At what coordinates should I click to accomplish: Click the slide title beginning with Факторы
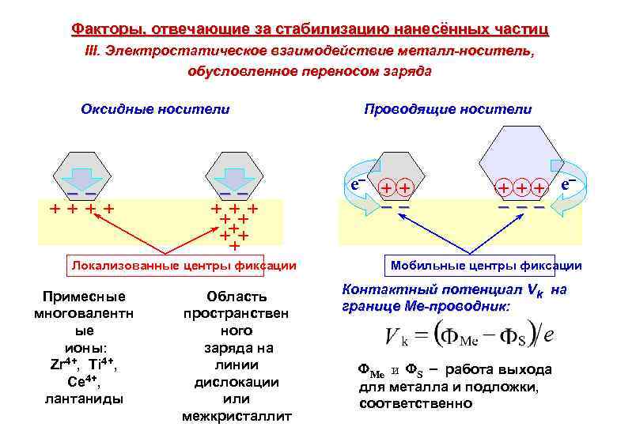[309, 30]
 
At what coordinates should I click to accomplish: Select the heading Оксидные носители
[155, 109]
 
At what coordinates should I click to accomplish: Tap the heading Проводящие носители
[448, 109]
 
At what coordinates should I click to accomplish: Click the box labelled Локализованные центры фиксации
[184, 266]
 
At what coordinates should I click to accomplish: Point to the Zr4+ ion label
[61, 365]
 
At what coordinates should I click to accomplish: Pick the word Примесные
[76, 297]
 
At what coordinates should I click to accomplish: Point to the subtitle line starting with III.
[309, 51]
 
